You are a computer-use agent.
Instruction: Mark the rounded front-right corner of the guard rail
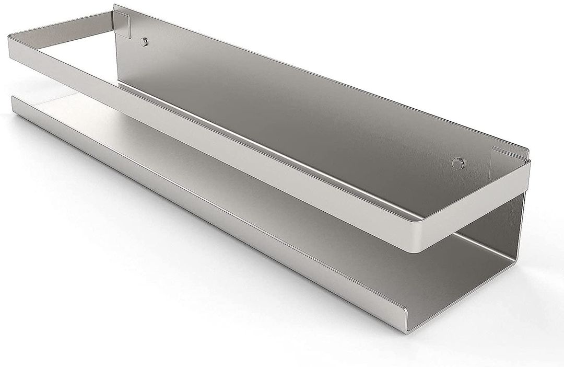tap(418, 241)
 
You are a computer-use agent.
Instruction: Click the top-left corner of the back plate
tap(116, 7)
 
